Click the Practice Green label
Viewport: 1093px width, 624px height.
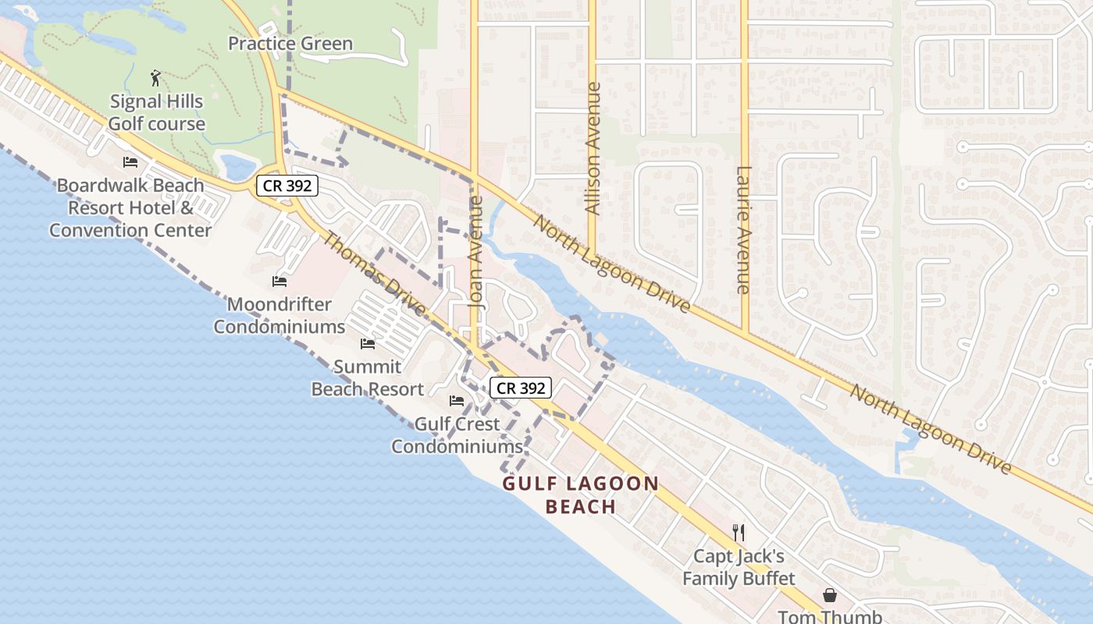290,44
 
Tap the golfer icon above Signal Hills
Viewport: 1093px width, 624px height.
155,78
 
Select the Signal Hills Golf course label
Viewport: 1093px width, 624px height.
156,112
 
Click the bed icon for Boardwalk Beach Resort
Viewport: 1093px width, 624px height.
130,162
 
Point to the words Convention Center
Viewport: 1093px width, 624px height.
130,230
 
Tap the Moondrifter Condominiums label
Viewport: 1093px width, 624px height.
279,315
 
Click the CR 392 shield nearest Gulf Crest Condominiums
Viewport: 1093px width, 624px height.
521,388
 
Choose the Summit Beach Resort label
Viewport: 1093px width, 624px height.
367,378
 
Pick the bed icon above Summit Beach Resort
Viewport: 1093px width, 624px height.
367,343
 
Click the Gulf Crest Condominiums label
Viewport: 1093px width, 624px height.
457,435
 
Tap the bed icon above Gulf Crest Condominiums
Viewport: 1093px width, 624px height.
457,401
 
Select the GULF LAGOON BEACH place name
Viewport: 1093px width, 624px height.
581,495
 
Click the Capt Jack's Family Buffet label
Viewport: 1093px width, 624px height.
739,567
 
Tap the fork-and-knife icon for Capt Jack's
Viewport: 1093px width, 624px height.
738,533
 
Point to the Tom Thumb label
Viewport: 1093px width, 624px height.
829,617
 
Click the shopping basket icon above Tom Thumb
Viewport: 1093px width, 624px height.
829,595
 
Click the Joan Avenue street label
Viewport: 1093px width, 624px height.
477,253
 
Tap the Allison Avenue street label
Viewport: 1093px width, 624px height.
593,148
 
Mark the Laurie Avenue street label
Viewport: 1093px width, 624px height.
743,230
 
